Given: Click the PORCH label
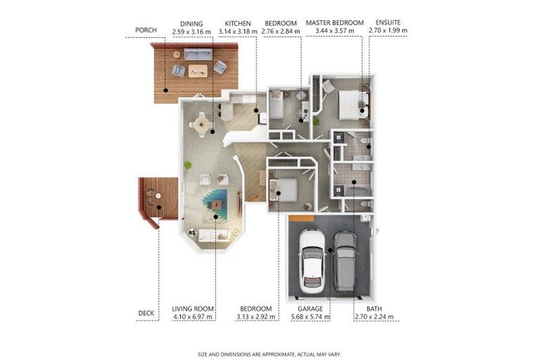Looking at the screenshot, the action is click(146, 30).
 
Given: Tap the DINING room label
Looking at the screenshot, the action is click(191, 24).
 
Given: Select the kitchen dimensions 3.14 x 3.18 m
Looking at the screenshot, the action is click(238, 32).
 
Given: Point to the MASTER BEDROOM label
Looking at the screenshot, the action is click(335, 22).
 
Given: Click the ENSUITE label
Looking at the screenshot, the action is click(388, 22).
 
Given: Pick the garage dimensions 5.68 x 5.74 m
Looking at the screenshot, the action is click(311, 316).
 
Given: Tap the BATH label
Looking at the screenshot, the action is click(374, 309).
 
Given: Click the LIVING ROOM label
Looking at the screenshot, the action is click(193, 309).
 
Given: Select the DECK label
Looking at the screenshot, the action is click(146, 313).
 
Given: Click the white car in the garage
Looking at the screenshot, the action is click(311, 261).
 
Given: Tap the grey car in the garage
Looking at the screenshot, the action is click(345, 261).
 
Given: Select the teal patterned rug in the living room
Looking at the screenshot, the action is click(215, 205).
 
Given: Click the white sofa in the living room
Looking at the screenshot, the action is click(214, 235).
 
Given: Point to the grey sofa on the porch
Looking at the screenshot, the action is click(198, 54).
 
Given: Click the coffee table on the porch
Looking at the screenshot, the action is click(198, 71).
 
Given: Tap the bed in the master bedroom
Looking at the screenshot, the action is click(353, 105).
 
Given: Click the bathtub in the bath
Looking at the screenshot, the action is click(357, 192).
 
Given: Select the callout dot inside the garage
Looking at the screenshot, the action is click(330, 250).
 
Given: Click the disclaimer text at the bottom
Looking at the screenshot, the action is click(269, 354).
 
